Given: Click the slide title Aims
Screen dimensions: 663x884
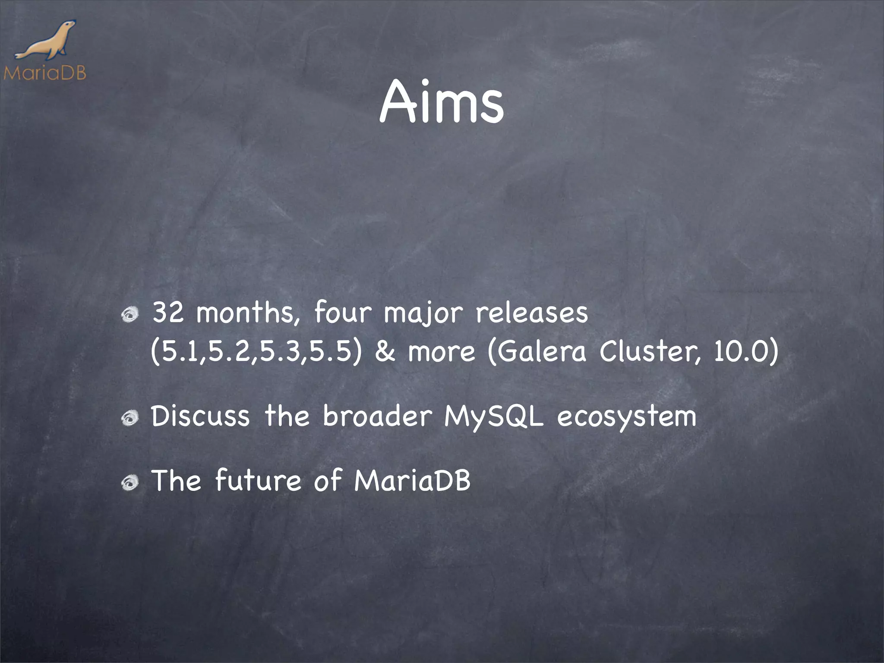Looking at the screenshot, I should pyautogui.click(x=442, y=103).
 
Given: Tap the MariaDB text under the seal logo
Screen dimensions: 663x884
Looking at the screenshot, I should pyautogui.click(x=44, y=73).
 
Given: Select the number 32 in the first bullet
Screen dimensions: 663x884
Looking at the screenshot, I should pyautogui.click(x=169, y=313).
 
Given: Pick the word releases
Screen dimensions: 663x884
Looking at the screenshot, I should pyautogui.click(x=532, y=313).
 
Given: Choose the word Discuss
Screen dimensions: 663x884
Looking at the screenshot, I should pyautogui.click(x=200, y=417).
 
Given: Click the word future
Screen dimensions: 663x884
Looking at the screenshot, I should pyautogui.click(x=258, y=480).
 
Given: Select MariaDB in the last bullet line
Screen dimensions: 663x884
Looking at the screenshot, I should pyautogui.click(x=412, y=480).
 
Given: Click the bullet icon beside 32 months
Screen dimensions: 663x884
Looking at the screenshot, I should pyautogui.click(x=130, y=316).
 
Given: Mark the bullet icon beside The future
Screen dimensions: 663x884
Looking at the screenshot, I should pyautogui.click(x=130, y=483).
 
